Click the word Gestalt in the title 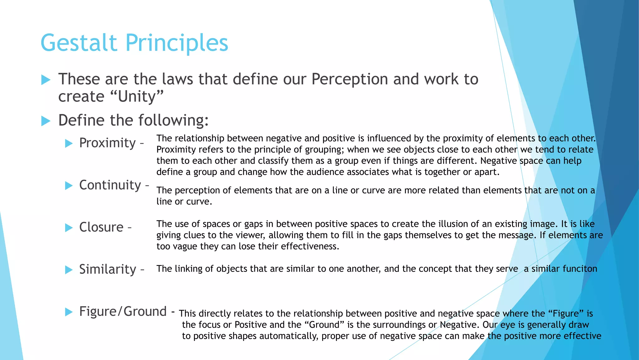click(x=79, y=43)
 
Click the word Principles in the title click(x=177, y=43)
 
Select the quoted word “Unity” click(x=137, y=96)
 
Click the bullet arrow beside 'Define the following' click(x=46, y=121)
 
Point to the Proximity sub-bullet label click(x=107, y=143)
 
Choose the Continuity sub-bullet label click(x=110, y=185)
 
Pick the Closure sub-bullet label click(x=101, y=227)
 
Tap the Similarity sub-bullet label click(x=108, y=269)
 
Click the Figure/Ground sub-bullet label click(x=123, y=311)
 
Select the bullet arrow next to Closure click(x=69, y=227)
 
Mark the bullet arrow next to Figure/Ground click(x=69, y=312)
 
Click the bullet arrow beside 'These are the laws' click(x=46, y=80)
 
